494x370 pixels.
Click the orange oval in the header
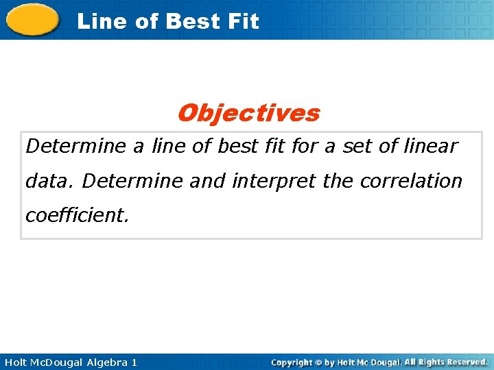(x=32, y=19)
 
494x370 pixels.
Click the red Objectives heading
(x=248, y=113)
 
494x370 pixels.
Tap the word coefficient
(x=76, y=216)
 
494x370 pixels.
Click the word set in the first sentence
(x=355, y=146)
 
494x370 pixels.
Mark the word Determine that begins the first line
(x=75, y=146)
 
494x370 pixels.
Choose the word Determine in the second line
(x=132, y=181)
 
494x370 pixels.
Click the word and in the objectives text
(x=207, y=181)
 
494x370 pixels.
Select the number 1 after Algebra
(x=134, y=362)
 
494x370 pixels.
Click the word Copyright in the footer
(x=292, y=362)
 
